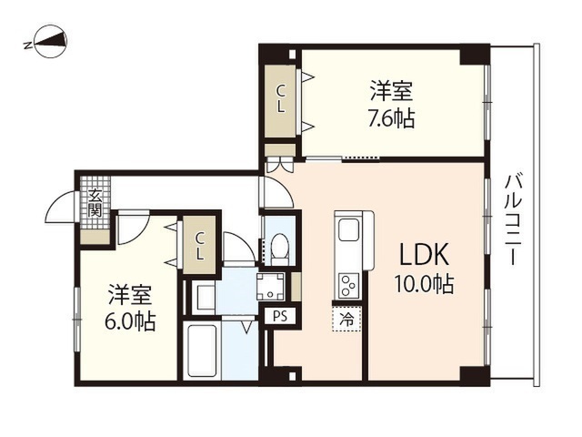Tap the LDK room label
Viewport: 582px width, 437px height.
[x=424, y=254]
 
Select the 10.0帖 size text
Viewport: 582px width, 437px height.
[x=424, y=285]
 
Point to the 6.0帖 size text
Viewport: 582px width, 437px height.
[x=130, y=321]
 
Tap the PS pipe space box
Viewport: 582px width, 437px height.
[x=280, y=317]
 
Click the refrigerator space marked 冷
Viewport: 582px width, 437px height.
[x=347, y=319]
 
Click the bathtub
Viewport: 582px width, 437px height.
[x=202, y=351]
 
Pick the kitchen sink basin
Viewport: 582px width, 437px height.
[x=348, y=231]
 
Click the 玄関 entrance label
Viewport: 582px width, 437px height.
[x=95, y=204]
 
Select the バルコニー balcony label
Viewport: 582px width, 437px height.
[x=513, y=219]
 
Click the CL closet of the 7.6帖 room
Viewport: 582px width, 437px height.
[x=281, y=99]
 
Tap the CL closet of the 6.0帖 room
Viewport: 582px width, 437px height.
[x=200, y=245]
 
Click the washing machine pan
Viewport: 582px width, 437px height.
[x=270, y=287]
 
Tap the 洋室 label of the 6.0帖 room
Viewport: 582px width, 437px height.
[x=130, y=295]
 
